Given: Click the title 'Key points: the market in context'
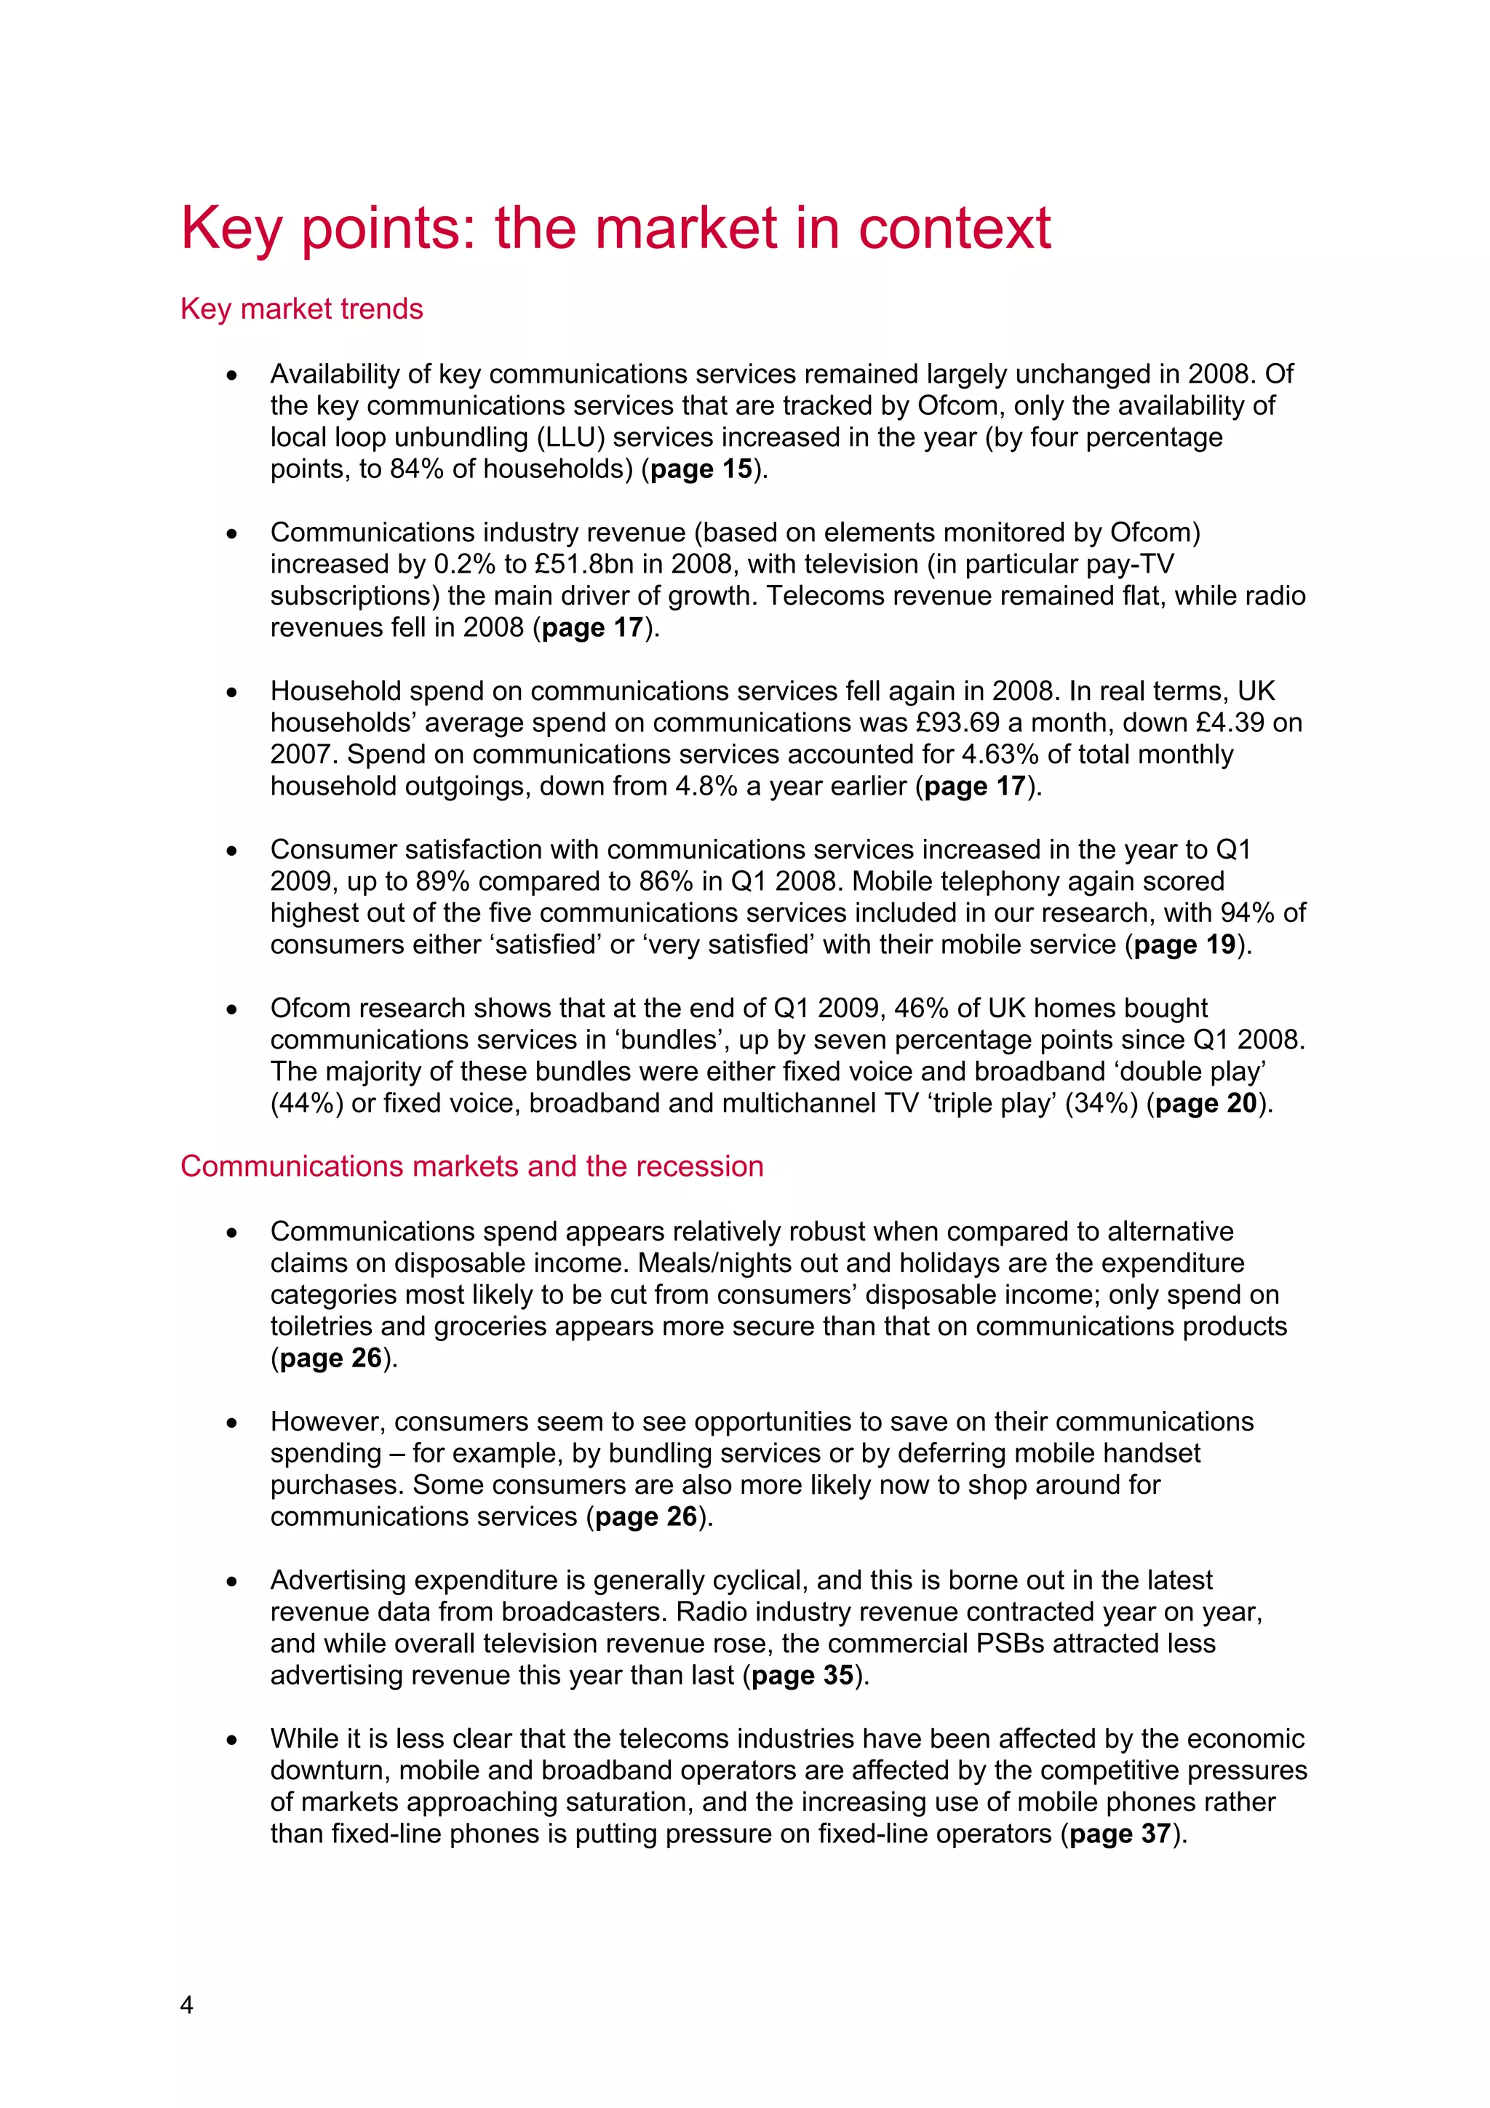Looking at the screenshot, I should (615, 228).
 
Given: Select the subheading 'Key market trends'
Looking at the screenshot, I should (301, 309).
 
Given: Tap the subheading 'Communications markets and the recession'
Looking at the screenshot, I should (472, 1166).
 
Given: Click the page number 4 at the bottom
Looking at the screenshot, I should (186, 2005).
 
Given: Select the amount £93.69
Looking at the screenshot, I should (963, 723).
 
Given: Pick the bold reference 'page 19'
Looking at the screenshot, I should (1184, 944).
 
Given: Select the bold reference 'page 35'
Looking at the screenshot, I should (802, 1676).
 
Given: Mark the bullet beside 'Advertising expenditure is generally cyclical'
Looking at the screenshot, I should (232, 1582).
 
